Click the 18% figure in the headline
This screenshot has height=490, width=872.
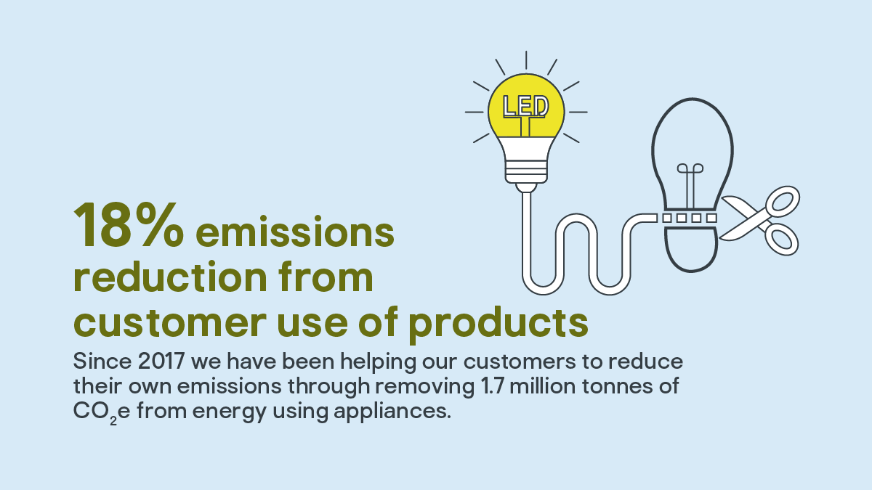click(x=129, y=225)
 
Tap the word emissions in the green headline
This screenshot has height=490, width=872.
click(x=295, y=231)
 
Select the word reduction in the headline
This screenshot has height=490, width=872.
click(x=170, y=276)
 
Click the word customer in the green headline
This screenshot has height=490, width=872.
click(x=170, y=322)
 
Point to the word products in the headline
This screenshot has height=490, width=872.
click(x=498, y=324)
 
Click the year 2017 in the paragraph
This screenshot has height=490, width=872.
click(x=161, y=362)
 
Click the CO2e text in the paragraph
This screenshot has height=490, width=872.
click(x=102, y=412)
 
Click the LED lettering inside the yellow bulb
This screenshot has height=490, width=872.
click(x=525, y=106)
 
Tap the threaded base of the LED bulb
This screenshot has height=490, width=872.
click(x=526, y=171)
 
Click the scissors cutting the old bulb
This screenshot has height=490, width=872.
click(x=759, y=221)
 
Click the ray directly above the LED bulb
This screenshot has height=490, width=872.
click(x=526, y=60)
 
